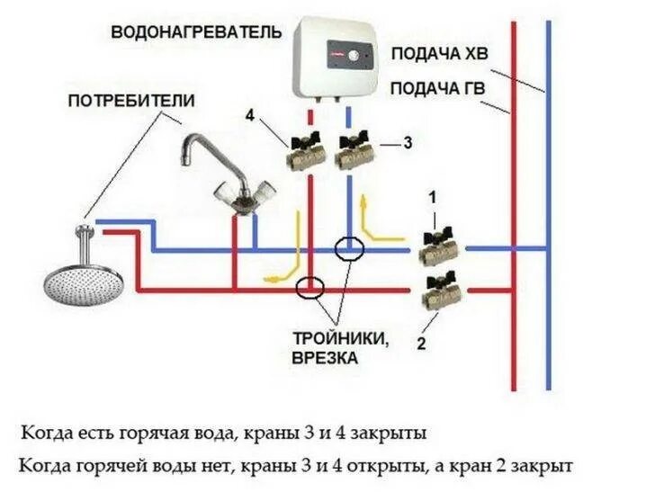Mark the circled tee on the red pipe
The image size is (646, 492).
coord(310,288)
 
